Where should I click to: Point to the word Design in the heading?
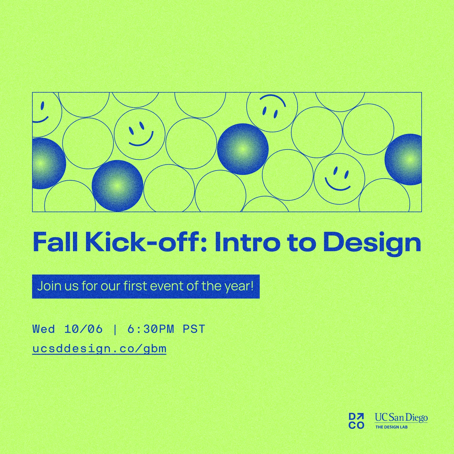(372, 244)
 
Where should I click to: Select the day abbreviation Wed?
(44, 329)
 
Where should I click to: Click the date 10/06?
(84, 329)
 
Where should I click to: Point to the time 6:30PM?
(151, 329)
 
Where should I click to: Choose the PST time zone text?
(194, 329)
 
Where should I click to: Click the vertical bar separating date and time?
(115, 329)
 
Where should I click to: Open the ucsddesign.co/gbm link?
(99, 349)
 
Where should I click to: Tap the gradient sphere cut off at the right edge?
(403, 160)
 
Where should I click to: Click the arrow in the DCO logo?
(360, 417)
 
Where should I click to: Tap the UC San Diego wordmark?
(401, 418)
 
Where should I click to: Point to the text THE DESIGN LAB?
(392, 427)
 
